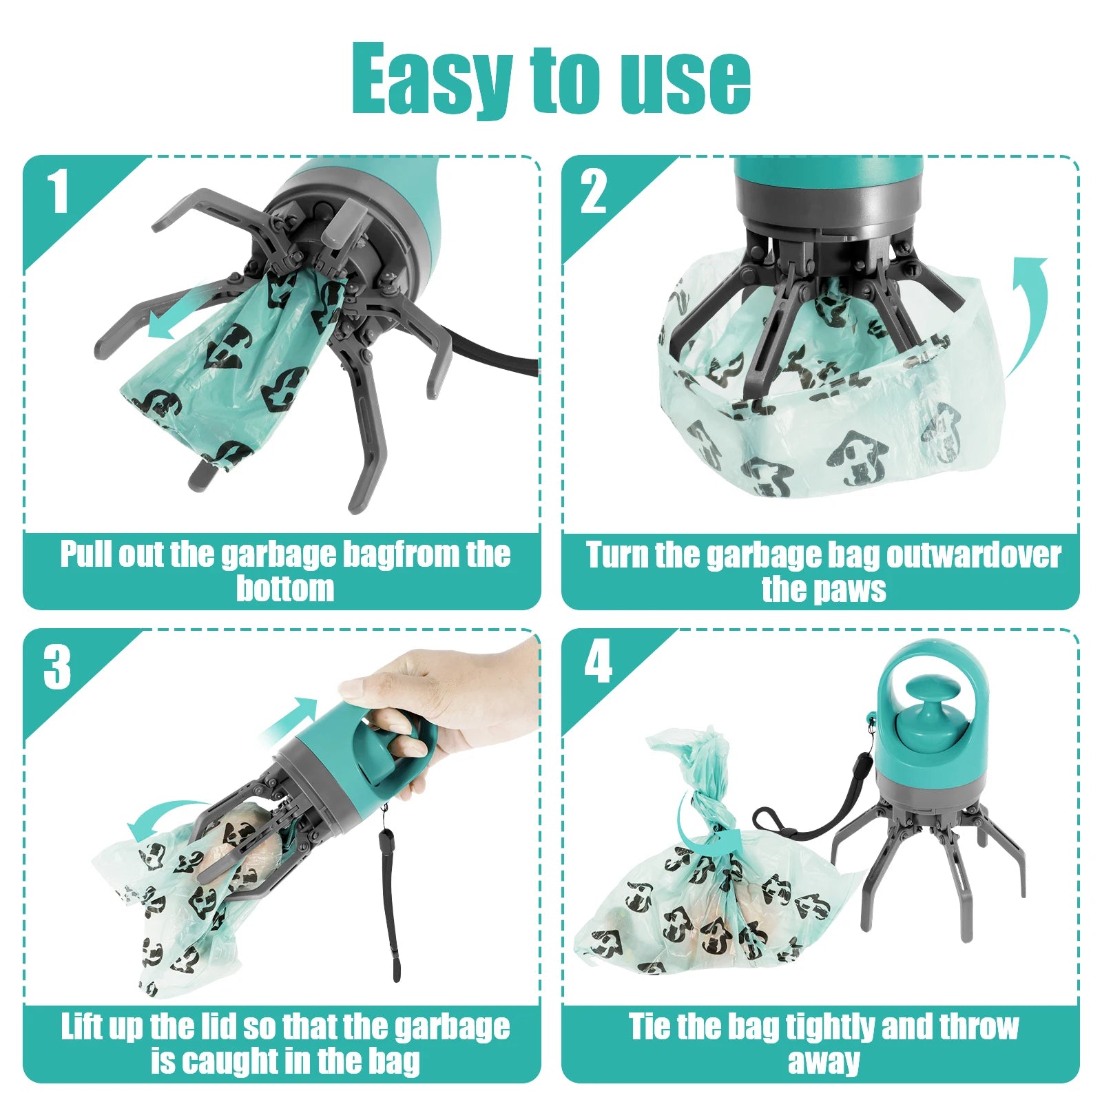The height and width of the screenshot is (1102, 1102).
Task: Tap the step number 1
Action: pos(58,192)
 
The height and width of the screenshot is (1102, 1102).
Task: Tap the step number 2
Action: pos(593,192)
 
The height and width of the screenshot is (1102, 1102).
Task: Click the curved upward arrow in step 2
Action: pos(1029,310)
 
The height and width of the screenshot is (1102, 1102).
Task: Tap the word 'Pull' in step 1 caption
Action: pos(85,554)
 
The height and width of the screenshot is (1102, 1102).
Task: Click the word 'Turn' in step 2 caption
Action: pos(616,555)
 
